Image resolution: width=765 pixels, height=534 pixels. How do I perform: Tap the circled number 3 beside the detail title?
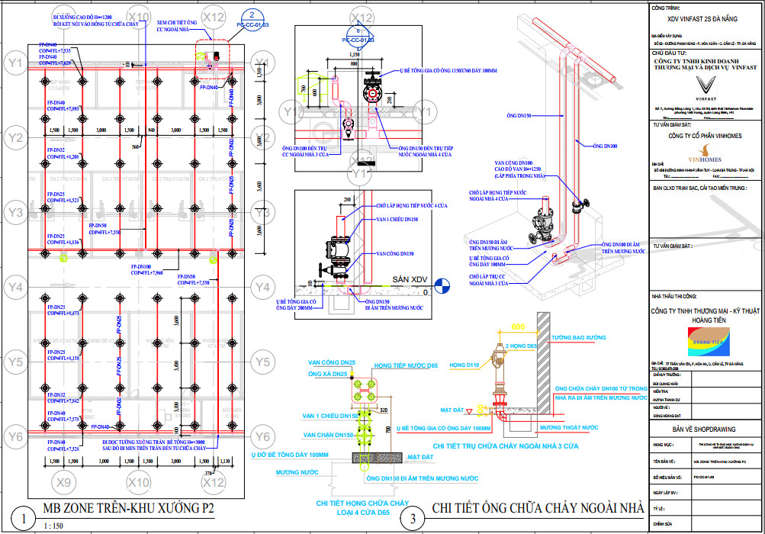point(413,519)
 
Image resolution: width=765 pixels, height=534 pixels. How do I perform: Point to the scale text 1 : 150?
point(53,526)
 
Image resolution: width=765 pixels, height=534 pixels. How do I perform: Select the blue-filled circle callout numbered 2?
point(252,15)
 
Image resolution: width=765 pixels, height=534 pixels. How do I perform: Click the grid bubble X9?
point(65,482)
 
